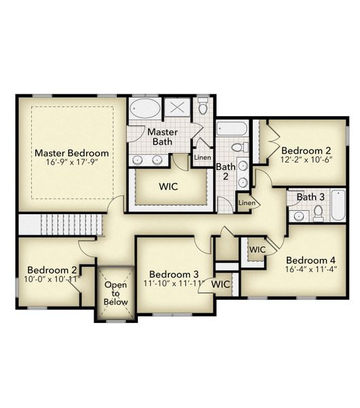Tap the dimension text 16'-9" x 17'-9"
click(71, 163)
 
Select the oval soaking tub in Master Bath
click(145, 108)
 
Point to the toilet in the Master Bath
click(202, 107)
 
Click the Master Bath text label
click(162, 136)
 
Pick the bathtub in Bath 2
click(232, 129)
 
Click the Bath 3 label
click(311, 197)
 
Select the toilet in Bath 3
click(318, 212)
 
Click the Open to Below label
click(115, 294)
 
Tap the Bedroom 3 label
click(174, 274)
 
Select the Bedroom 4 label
click(310, 260)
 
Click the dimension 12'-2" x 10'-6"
click(306, 160)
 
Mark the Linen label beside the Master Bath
click(202, 158)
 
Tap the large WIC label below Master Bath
click(168, 186)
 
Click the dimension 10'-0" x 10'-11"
click(52, 279)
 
